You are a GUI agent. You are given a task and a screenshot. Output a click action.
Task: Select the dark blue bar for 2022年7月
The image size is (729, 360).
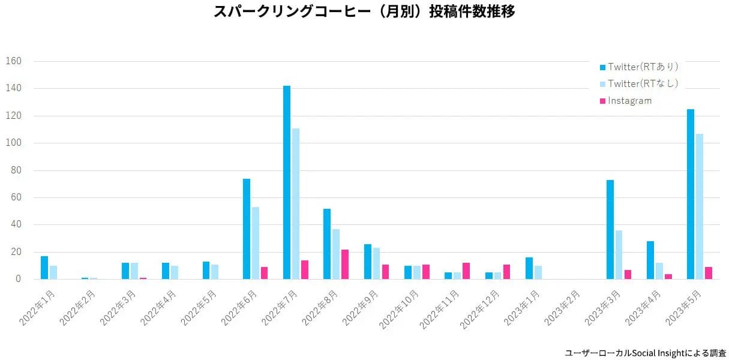(287, 182)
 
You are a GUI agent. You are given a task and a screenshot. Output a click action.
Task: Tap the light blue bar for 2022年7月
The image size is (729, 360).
(296, 204)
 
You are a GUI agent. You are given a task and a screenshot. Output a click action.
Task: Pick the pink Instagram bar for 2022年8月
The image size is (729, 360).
(345, 265)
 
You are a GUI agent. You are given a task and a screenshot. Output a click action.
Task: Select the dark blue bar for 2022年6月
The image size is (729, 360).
(247, 229)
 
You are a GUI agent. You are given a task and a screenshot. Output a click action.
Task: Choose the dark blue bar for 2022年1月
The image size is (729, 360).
(44, 268)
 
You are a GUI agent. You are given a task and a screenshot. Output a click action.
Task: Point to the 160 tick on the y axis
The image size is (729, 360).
(13, 61)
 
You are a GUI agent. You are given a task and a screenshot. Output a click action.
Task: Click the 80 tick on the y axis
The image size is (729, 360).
(16, 170)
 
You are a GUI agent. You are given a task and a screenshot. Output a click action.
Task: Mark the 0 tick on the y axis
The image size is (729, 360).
(19, 280)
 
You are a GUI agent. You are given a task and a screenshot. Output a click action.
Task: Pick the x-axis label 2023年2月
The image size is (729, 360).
(563, 308)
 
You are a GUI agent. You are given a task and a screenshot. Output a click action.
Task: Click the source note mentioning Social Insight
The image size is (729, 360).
(646, 353)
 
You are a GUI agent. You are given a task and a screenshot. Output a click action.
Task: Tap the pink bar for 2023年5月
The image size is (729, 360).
(709, 273)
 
